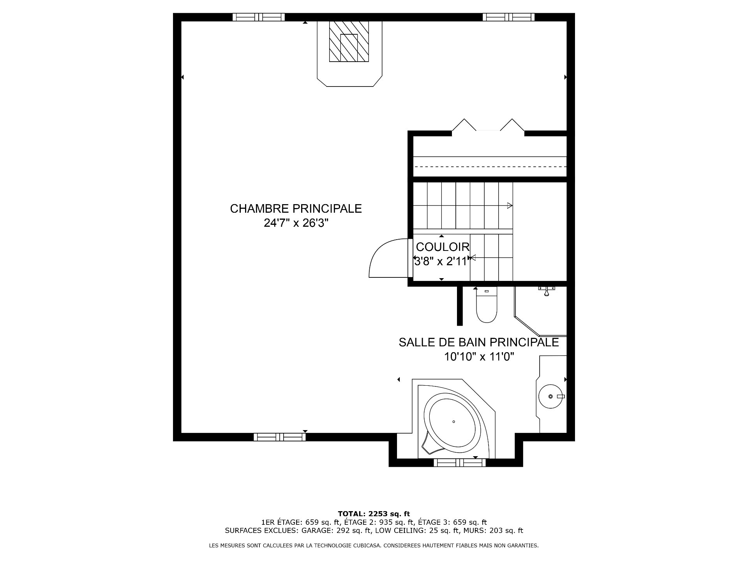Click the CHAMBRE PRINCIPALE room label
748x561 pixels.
click(296, 209)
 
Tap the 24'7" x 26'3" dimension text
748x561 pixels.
click(296, 223)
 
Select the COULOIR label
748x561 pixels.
click(443, 247)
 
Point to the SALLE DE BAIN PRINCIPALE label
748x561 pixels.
click(479, 342)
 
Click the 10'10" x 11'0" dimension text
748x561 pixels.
click(479, 356)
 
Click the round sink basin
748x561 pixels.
click(550, 396)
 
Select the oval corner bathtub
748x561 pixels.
click(453, 422)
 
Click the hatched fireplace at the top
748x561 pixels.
click(349, 41)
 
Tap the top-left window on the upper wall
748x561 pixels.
click(259, 17)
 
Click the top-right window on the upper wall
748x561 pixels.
click(508, 17)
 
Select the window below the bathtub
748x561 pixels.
click(460, 463)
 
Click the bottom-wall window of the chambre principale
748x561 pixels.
click(280, 437)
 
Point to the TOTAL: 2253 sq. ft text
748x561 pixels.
click(374, 514)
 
